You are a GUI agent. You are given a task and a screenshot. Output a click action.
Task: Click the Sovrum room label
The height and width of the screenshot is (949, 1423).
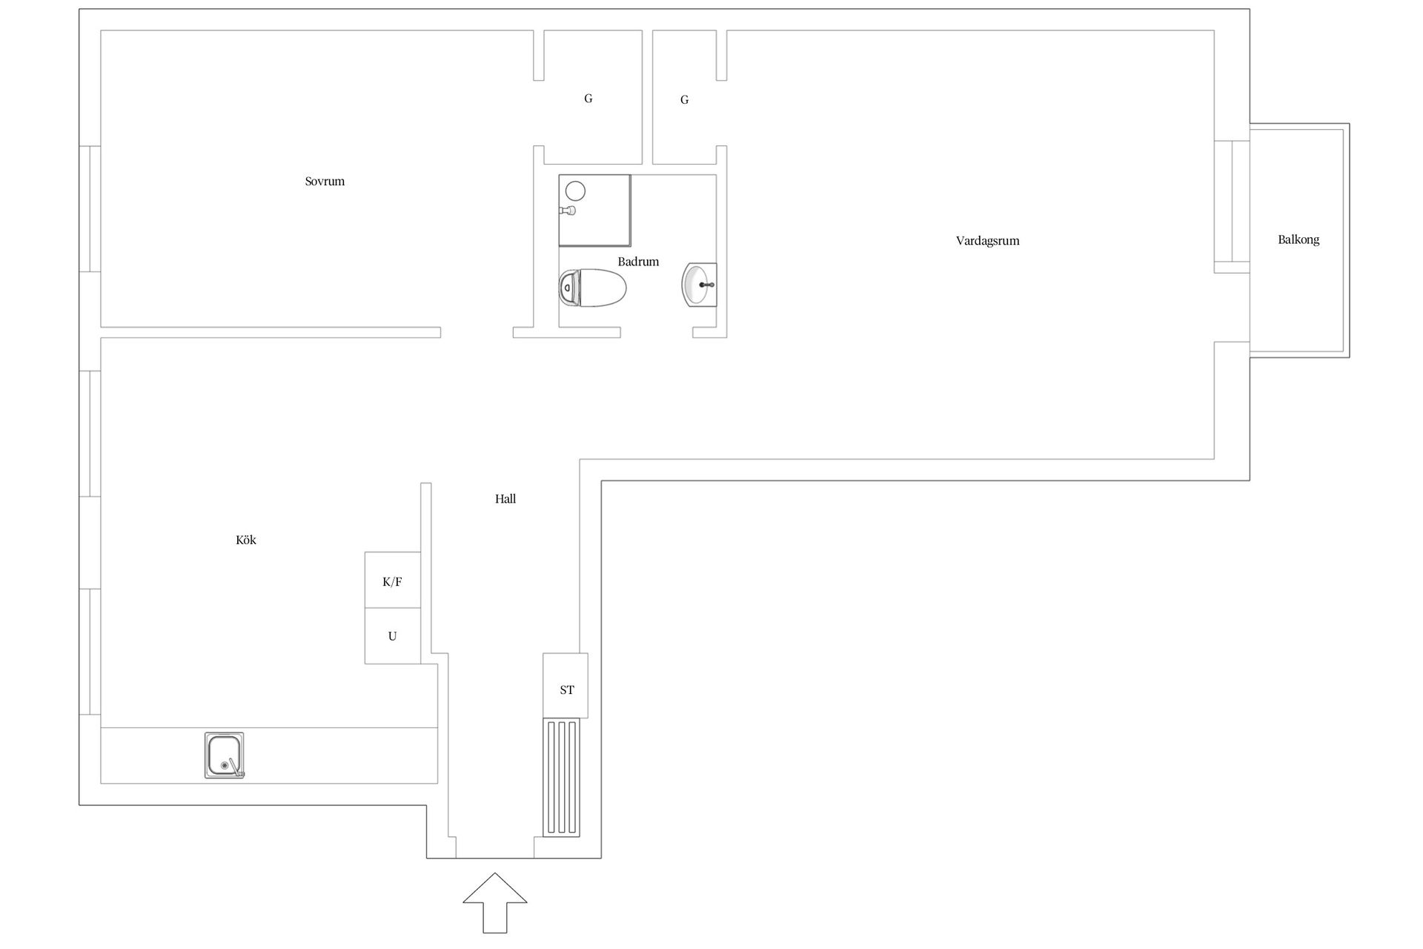click(325, 182)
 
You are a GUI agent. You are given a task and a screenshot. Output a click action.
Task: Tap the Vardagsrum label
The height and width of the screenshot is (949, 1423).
click(987, 241)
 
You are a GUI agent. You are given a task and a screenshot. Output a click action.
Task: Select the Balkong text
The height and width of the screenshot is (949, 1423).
click(1298, 240)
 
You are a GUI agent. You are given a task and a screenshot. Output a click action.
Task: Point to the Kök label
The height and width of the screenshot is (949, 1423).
click(246, 540)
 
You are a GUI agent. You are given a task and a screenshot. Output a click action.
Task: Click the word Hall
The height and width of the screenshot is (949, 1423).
click(505, 499)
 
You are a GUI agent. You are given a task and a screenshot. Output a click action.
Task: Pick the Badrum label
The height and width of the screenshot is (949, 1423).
click(638, 262)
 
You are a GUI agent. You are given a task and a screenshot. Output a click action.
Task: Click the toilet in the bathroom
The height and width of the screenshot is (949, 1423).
click(592, 288)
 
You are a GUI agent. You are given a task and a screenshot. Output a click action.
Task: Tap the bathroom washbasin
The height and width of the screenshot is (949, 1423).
click(699, 285)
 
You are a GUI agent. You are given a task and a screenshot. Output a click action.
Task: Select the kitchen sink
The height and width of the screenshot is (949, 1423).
click(225, 755)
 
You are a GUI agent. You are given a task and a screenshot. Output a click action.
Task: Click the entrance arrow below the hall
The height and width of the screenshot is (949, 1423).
click(495, 902)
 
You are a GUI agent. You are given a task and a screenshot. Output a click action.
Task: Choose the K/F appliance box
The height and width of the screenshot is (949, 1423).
click(393, 580)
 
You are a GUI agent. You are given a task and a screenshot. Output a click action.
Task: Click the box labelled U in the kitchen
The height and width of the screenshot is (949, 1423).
click(393, 636)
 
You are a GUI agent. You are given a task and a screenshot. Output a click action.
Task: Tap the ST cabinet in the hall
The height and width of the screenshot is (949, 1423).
click(565, 686)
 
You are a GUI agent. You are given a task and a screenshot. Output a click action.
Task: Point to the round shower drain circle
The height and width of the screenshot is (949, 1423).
click(575, 191)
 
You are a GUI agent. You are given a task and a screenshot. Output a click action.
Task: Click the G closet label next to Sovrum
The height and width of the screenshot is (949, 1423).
click(588, 99)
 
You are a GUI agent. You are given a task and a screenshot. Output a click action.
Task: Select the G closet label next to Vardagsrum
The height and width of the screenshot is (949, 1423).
click(685, 100)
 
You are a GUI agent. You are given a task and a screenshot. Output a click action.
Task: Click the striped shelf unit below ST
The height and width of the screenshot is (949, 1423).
click(562, 778)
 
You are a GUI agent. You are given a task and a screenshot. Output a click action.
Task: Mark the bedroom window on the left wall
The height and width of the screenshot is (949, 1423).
click(90, 209)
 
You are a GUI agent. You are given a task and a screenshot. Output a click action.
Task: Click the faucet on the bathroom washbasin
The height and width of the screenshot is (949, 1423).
click(706, 284)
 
